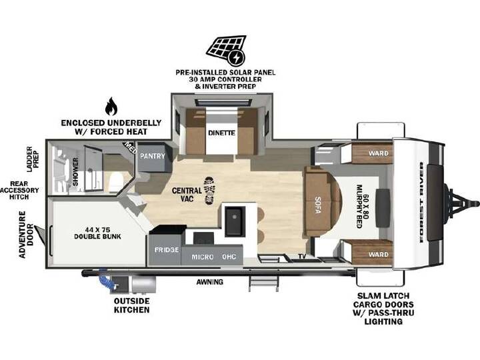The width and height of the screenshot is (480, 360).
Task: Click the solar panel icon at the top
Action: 226,51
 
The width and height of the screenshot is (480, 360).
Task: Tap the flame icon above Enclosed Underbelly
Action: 111,106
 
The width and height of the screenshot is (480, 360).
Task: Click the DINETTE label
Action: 221,133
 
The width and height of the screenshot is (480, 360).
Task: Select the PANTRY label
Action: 153,156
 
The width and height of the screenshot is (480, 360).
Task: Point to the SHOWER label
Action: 75,171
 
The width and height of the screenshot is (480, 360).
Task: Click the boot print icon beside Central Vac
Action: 209,191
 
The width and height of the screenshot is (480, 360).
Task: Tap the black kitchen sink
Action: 235,221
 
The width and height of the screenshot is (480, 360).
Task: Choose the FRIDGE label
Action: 167,250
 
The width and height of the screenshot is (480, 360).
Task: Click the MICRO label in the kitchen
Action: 203,257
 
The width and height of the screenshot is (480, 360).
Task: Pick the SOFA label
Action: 318,205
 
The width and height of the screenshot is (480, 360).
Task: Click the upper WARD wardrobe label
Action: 379,153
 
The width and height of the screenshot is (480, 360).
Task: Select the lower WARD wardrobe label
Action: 379,255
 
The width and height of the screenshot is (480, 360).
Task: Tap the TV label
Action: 302,257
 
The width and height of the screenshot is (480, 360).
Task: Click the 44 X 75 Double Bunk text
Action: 97,233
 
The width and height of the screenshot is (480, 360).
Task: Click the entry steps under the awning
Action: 263,283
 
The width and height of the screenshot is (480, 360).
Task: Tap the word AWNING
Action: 210,281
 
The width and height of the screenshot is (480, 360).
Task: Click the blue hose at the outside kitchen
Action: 105,279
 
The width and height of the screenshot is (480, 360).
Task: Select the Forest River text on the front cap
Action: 421,202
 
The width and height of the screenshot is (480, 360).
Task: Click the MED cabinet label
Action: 130,147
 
